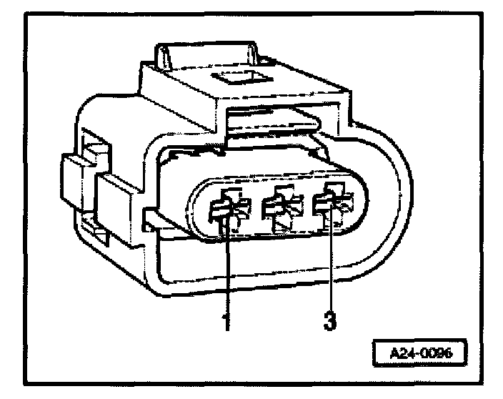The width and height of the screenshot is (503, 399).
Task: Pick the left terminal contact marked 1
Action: tap(228, 209)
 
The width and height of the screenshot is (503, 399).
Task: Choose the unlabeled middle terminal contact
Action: tap(282, 208)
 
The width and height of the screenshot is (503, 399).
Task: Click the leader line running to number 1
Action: tap(226, 272)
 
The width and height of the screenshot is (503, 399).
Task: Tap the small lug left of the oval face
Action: tap(152, 216)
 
